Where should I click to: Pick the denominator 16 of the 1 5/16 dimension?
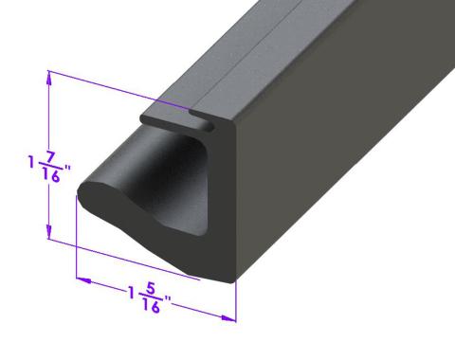[x=150, y=305]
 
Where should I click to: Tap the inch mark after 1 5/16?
[x=168, y=301]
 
